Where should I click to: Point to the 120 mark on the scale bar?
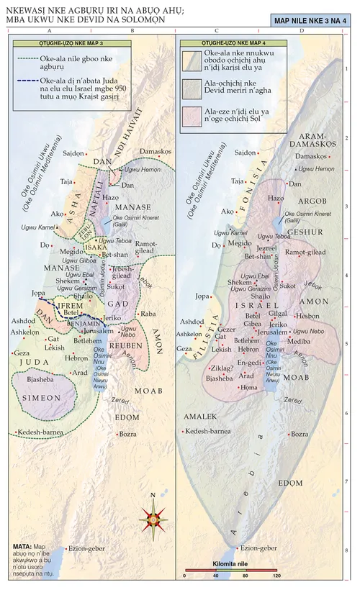[276, 577]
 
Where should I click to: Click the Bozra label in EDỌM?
[128, 434]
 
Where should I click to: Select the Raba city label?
[148, 314]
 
